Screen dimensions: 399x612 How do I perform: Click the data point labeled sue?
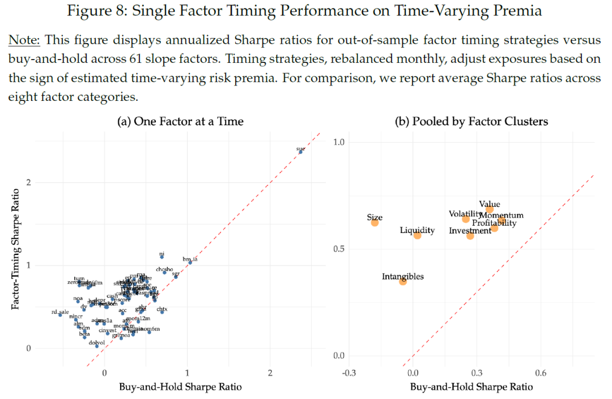pyautogui.click(x=300, y=152)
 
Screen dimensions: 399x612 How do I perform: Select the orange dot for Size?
pyautogui.click(x=375, y=223)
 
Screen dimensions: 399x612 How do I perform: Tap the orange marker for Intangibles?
pyautogui.click(x=403, y=281)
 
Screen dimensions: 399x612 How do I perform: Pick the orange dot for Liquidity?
pyautogui.click(x=418, y=235)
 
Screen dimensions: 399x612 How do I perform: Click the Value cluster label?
pyautogui.click(x=490, y=204)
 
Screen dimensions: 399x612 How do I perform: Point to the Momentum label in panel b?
pyautogui.click(x=501, y=215)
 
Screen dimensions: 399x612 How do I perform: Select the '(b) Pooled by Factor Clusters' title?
pyautogui.click(x=471, y=122)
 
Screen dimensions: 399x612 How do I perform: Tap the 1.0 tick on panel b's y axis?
pyautogui.click(x=339, y=142)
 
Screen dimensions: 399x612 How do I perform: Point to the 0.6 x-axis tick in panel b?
pyautogui.click(x=540, y=373)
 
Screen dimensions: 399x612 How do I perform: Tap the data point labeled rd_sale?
pyautogui.click(x=60, y=315)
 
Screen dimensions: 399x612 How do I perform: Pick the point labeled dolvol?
pyautogui.click(x=97, y=346)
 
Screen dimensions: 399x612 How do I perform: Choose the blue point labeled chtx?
pyautogui.click(x=162, y=312)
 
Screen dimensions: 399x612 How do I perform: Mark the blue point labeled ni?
pyautogui.click(x=162, y=257)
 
